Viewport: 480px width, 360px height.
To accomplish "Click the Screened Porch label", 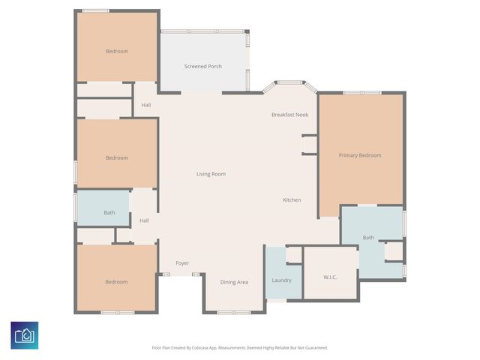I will (202, 67).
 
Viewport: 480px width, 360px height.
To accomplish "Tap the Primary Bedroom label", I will (360, 155).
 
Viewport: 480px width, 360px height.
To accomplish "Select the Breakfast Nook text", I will (289, 115).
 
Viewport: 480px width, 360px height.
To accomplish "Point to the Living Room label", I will (211, 174).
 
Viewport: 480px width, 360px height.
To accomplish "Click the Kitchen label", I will (292, 199).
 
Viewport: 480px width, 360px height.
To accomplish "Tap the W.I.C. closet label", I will (330, 277).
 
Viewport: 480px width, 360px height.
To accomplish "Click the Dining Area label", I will (234, 282).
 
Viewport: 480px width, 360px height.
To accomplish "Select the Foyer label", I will (182, 263).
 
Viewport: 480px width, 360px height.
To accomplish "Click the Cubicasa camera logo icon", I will (25, 334).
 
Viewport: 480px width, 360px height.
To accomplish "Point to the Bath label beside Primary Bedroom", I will (368, 238).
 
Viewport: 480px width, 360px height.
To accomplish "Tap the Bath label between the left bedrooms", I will (109, 212).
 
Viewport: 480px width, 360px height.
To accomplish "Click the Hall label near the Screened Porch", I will (145, 104).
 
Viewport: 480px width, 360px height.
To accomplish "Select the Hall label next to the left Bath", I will (144, 220).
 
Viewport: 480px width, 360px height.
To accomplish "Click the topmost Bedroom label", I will (116, 51).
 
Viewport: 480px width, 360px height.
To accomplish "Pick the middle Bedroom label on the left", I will (116, 157).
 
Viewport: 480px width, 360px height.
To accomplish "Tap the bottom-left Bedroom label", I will (116, 282).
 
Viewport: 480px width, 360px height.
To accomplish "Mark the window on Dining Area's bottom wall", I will (234, 312).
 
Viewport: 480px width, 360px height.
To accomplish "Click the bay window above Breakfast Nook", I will (289, 82).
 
